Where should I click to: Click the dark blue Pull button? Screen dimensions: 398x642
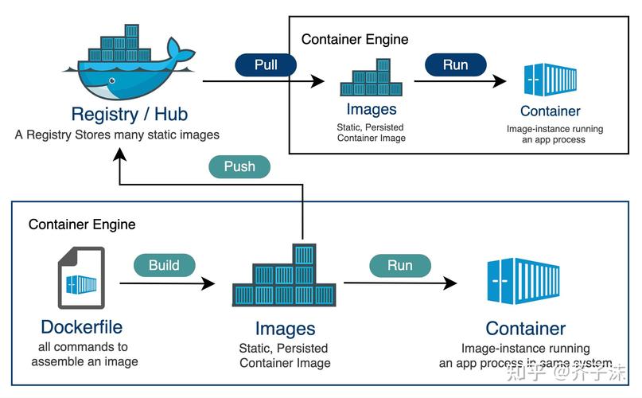[x=266, y=64]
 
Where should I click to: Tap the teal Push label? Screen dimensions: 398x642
[x=239, y=166]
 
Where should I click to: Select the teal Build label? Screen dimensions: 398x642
[x=164, y=265]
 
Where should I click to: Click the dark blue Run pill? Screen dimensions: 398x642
[x=455, y=64]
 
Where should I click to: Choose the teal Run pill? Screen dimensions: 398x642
[x=399, y=265]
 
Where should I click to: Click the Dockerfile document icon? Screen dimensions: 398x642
[x=81, y=278]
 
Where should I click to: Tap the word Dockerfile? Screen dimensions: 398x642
[x=82, y=326]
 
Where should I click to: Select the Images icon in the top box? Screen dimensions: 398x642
[x=371, y=78]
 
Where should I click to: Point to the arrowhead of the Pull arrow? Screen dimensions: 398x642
[x=318, y=81]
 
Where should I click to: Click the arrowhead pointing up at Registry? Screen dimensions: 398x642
[x=119, y=155]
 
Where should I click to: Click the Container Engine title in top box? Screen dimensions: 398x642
[x=355, y=39]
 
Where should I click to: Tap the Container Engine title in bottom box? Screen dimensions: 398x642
[x=82, y=224]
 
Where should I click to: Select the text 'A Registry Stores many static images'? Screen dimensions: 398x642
[x=117, y=135]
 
